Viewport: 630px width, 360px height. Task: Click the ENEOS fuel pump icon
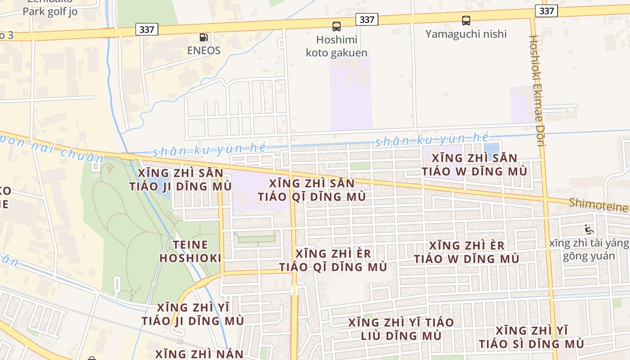tap(204, 37)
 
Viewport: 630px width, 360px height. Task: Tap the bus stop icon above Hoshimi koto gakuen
tap(337, 26)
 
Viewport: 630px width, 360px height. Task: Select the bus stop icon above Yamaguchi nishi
tap(466, 20)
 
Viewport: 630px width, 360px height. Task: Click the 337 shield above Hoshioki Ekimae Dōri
tap(546, 11)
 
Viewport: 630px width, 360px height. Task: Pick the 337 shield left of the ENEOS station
tap(147, 30)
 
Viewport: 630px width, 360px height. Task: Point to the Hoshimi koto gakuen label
tap(337, 46)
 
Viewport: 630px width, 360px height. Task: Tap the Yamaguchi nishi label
tap(466, 34)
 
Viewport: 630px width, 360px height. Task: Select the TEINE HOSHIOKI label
tap(190, 252)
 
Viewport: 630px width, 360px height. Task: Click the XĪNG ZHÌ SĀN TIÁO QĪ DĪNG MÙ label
tap(311, 190)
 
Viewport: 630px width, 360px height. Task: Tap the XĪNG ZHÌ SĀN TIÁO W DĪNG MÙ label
tap(474, 165)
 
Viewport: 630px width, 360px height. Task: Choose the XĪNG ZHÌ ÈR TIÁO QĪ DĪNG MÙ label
tap(333, 260)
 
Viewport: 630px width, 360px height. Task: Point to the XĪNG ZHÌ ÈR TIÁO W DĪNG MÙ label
tap(467, 252)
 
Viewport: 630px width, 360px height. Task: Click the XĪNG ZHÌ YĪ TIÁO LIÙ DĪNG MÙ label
tap(401, 329)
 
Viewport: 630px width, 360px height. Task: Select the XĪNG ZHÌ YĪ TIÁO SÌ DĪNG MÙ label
tap(531, 337)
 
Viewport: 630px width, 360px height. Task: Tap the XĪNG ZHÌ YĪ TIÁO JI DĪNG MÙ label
tap(193, 314)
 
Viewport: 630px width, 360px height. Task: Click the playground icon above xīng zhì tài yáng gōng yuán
tap(588, 229)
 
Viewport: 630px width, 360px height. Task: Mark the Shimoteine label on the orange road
tap(598, 205)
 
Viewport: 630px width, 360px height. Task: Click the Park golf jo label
tap(50, 11)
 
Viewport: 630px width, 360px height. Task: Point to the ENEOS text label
tap(204, 50)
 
